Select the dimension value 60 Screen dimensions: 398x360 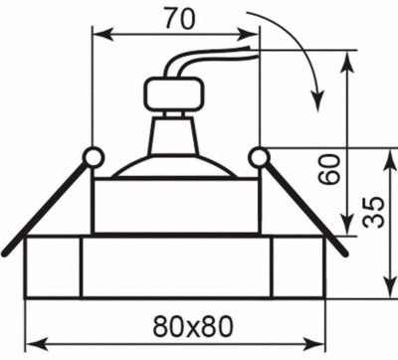(x=328, y=169)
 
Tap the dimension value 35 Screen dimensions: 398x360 (x=374, y=213)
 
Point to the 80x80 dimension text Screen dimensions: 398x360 (x=193, y=325)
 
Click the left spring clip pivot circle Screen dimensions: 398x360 (x=94, y=157)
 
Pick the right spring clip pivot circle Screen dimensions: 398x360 (x=259, y=157)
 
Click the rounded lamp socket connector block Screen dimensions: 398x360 (x=173, y=94)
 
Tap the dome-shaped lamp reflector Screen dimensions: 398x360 (x=174, y=166)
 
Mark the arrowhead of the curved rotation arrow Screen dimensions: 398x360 (x=317, y=101)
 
